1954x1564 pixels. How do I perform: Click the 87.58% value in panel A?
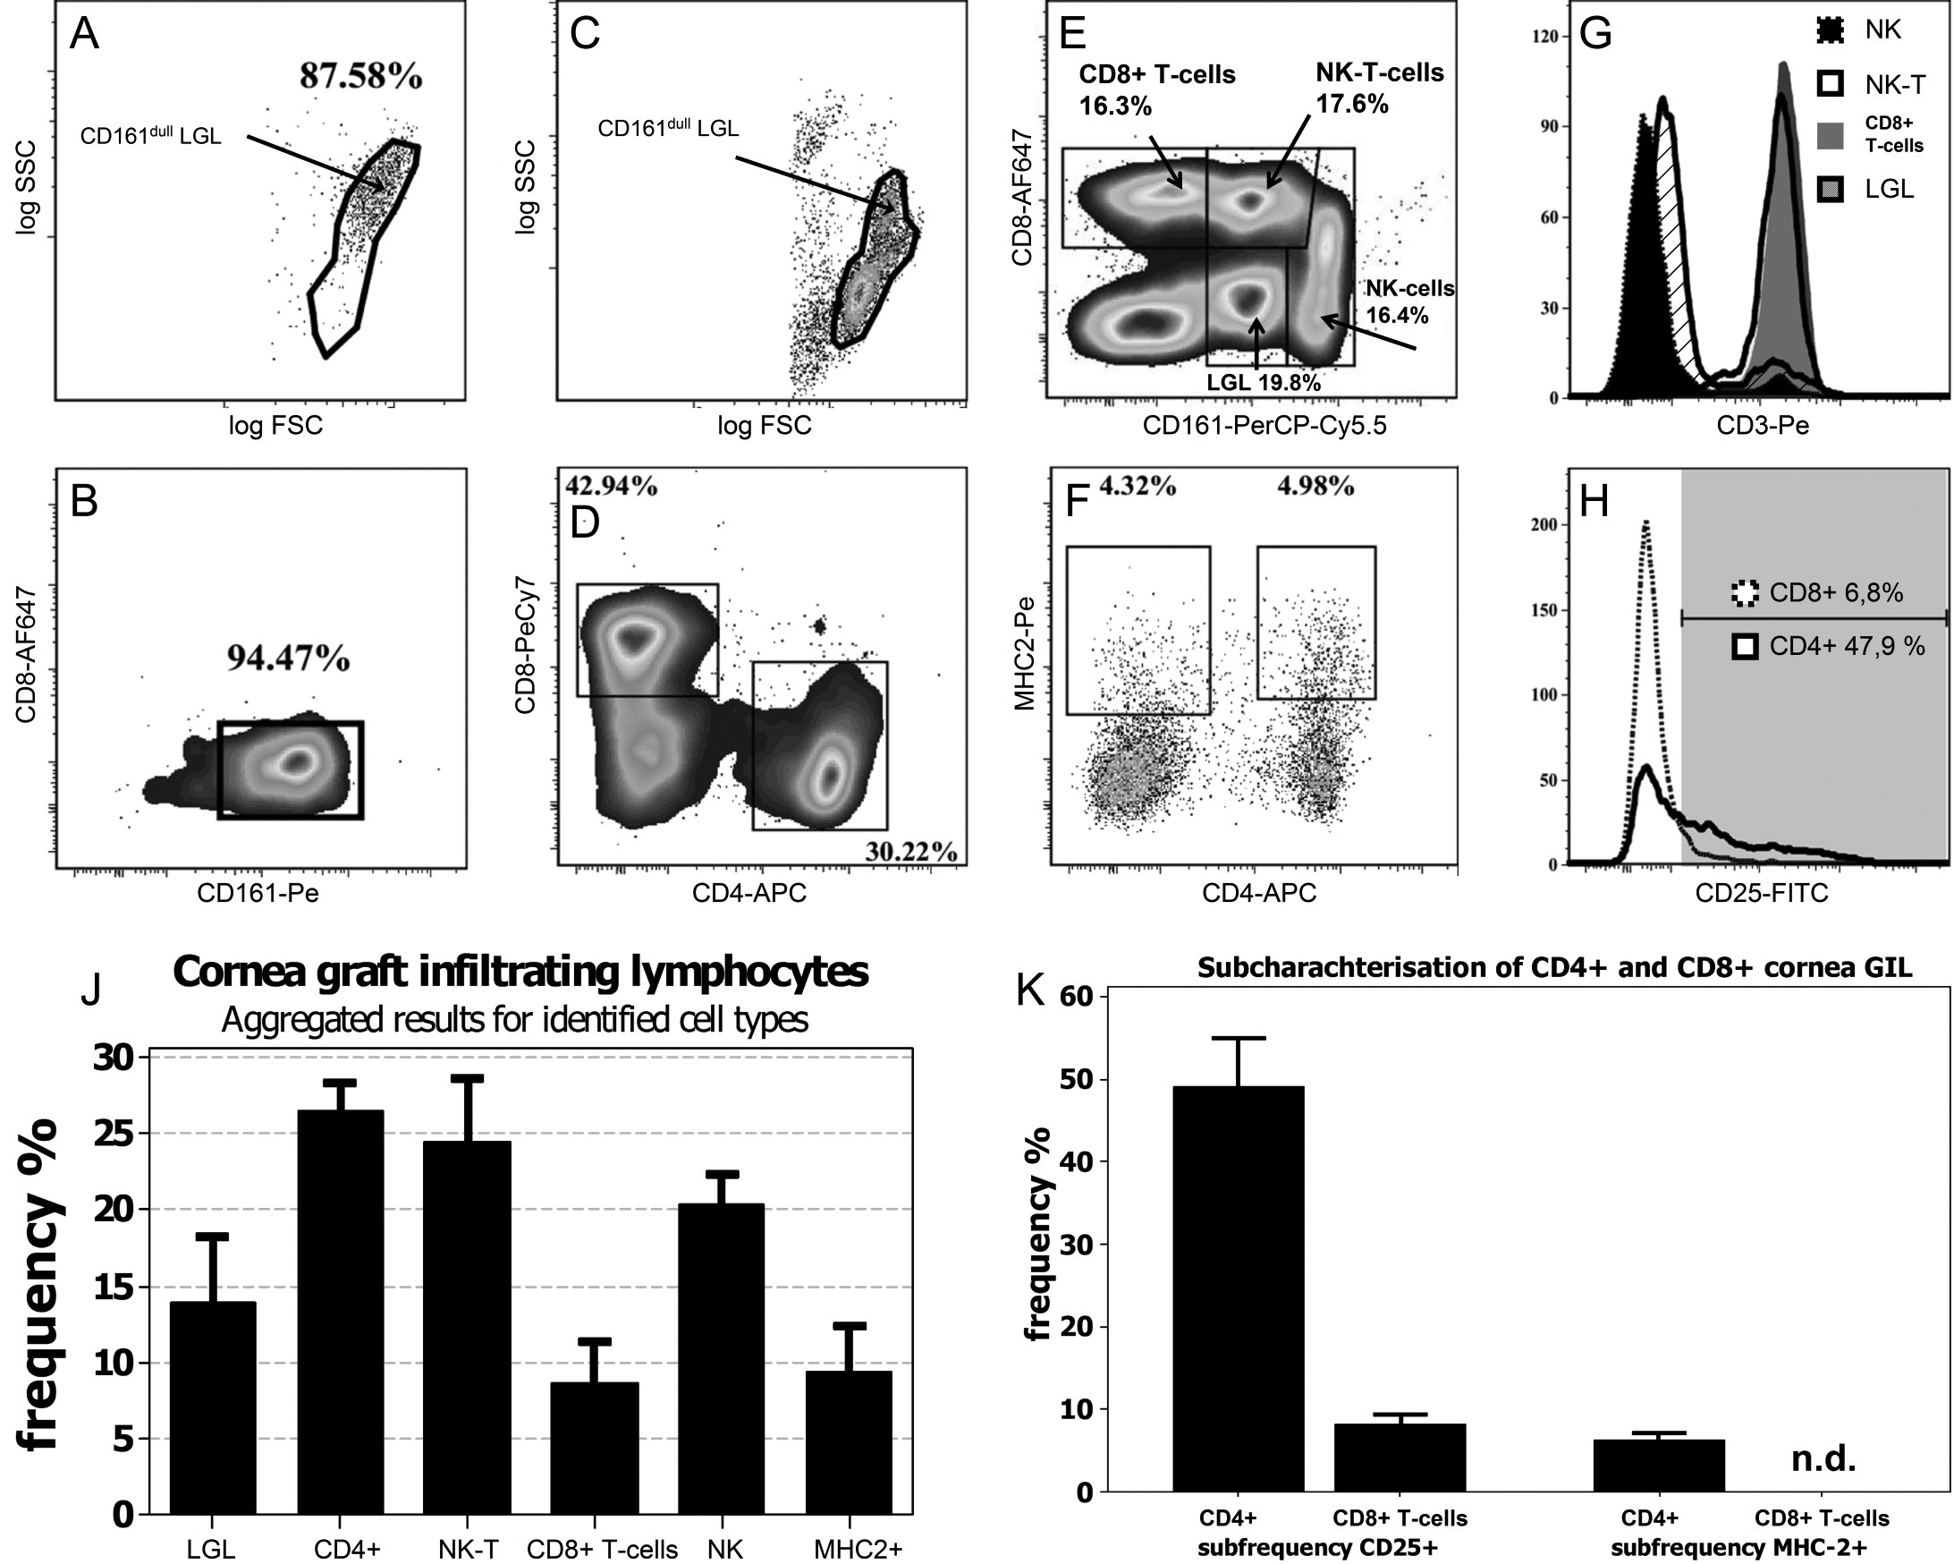pos(360,76)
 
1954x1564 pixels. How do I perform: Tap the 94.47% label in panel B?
pos(288,659)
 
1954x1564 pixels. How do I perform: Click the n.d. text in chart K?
pos(1823,1458)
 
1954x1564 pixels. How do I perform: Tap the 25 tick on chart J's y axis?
pos(114,1135)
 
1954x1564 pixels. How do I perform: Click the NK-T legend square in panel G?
pos(1831,84)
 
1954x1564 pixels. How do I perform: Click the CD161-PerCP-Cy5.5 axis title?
pos(1264,425)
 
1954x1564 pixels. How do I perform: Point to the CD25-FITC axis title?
pos(1762,893)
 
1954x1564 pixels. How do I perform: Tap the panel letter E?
pos(1073,35)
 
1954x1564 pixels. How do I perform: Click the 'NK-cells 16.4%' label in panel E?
pos(1408,302)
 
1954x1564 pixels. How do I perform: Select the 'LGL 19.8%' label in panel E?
pos(1264,382)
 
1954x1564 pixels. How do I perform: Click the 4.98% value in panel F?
pos(1316,487)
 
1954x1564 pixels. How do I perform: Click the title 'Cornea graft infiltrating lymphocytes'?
pos(520,972)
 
